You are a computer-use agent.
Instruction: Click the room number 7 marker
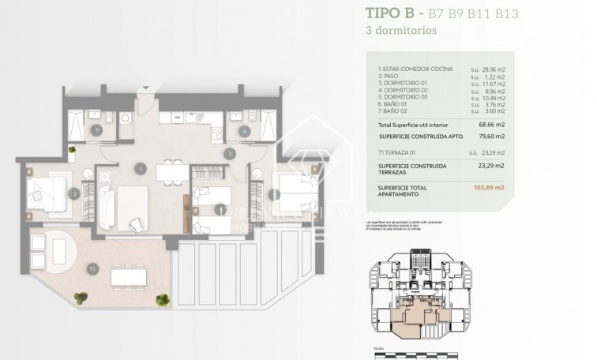pyautogui.click(x=96, y=130)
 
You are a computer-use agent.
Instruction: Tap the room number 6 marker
pyautogui.click(x=245, y=131)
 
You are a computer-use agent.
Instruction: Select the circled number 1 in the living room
pyautogui.click(x=140, y=168)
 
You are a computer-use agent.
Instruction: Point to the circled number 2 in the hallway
pyautogui.click(x=230, y=153)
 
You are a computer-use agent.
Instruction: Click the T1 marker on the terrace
pyautogui.click(x=93, y=270)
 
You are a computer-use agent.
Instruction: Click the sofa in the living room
pyautogui.click(x=107, y=207)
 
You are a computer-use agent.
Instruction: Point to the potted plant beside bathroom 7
pyautogui.click(x=72, y=149)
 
